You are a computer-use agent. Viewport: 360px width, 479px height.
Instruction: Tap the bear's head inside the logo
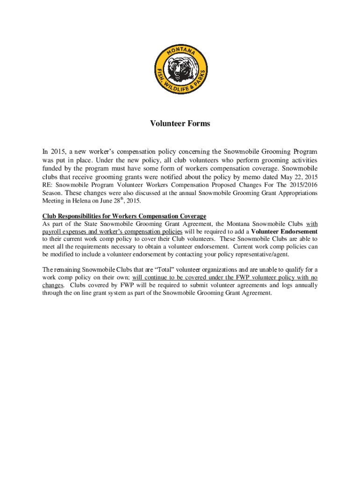pyautogui.click(x=180, y=69)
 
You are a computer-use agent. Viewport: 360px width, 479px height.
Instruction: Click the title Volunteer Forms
pyautogui.click(x=180, y=124)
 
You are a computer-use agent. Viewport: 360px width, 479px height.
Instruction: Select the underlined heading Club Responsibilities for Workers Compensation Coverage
pyautogui.click(x=124, y=216)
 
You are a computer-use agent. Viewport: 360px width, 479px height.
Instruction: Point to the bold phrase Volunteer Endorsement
pyautogui.click(x=284, y=232)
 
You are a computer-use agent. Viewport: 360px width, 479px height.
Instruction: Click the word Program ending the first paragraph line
pyautogui.click(x=306, y=152)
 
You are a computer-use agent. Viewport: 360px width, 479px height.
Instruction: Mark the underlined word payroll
pyautogui.click(x=51, y=232)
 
